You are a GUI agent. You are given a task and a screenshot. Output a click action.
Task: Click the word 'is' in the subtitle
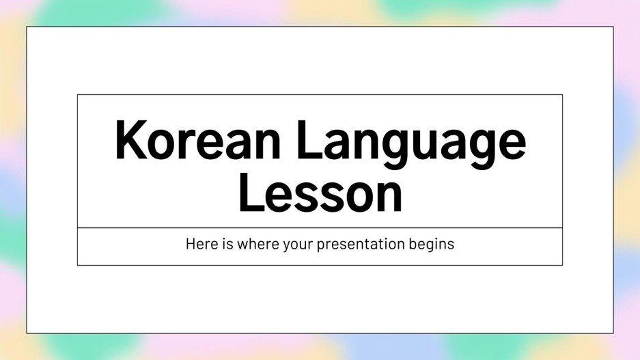click(227, 244)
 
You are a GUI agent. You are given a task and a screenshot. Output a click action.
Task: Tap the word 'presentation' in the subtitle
click(359, 245)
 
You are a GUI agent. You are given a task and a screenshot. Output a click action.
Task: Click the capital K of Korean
click(130, 141)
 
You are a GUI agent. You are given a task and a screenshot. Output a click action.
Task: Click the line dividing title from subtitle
click(320, 227)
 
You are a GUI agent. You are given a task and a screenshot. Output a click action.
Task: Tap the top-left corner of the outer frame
click(27, 27)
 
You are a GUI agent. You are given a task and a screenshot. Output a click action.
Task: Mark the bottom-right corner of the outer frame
click(613, 333)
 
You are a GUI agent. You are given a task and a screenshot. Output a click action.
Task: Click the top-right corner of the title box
click(562, 95)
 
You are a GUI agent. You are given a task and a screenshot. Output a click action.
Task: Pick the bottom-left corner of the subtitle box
click(78, 264)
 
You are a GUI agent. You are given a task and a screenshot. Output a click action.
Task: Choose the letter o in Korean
click(165, 145)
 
